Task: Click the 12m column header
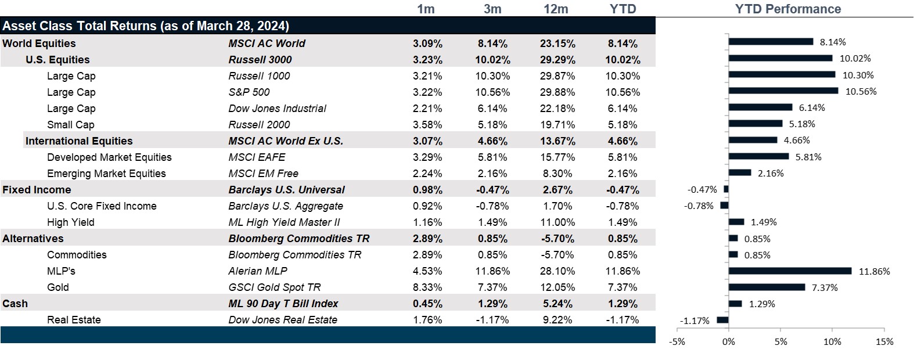[x=556, y=9]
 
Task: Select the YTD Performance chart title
[x=787, y=9]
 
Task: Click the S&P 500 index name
[x=249, y=92]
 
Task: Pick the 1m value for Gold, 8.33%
[x=427, y=287]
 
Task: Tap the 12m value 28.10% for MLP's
[x=557, y=271]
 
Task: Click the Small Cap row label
[x=70, y=125]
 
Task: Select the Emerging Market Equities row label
[x=106, y=174]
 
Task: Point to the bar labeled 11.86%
[x=790, y=271]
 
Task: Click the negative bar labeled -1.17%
[x=722, y=320]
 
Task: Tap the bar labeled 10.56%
[x=783, y=91]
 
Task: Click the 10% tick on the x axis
[x=832, y=342]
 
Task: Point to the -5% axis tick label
[x=677, y=342]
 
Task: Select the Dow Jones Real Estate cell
[x=282, y=320]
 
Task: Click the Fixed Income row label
[x=37, y=190]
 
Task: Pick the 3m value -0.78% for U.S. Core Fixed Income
[x=492, y=206]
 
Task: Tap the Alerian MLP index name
[x=258, y=271]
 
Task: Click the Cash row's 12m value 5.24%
[x=557, y=304]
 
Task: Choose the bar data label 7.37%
[x=825, y=288]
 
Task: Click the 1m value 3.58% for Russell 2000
[x=427, y=125]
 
